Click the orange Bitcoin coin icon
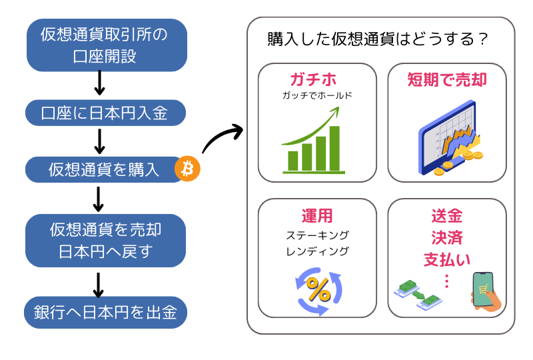187,169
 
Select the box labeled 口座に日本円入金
105,113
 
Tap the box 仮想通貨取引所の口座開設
107,45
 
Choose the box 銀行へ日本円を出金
105,312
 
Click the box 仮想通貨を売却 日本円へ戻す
105,240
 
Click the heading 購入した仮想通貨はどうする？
378,39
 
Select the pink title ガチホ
313,79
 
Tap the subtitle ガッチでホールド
317,95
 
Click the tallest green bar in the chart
334,149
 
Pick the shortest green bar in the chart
292,161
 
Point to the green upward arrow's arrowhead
335,111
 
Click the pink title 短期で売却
447,79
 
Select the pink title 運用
317,216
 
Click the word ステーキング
318,235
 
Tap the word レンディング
318,251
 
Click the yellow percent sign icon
318,289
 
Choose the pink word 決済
447,237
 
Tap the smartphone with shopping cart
484,290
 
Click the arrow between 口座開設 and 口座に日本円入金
99,83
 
